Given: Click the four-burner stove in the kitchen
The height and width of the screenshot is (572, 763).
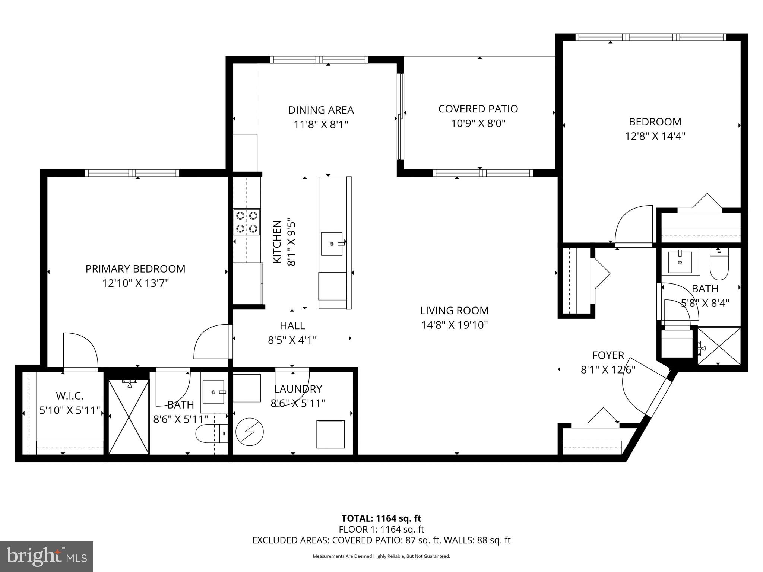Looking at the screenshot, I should tap(247, 222).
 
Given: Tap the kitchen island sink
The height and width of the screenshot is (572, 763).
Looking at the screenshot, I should tap(332, 244).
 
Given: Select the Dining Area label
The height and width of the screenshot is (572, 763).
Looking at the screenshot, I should tap(321, 110).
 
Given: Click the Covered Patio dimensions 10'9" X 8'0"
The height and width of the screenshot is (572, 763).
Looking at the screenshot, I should tap(478, 123).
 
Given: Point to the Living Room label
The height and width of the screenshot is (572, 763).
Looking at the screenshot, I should tap(454, 310).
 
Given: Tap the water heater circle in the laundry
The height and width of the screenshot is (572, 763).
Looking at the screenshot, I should tap(250, 432).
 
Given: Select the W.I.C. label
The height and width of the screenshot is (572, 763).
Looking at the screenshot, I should tap(69, 395).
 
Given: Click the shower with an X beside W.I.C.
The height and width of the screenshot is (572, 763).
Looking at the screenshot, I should tap(129, 417).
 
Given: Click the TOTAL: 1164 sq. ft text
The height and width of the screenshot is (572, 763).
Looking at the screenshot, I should tap(381, 518).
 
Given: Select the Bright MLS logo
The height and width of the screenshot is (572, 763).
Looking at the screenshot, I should tap(47, 556).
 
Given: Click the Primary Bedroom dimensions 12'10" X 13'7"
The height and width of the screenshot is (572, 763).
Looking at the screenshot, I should tap(136, 283).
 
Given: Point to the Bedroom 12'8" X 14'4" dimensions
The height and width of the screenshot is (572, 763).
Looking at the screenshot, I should tap(655, 136).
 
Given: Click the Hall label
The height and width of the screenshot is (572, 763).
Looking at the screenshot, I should tap(292, 325).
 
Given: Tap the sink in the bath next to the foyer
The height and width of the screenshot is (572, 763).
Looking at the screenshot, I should tap(680, 262).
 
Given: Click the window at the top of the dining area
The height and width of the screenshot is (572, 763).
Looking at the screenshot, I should tap(319, 60).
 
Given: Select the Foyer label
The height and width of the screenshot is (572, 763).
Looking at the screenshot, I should tap(608, 355).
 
